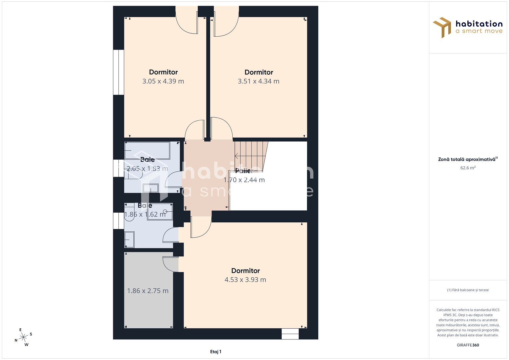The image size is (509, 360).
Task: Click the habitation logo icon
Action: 442,27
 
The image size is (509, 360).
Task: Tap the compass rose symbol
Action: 23,337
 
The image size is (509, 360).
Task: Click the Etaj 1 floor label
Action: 216,352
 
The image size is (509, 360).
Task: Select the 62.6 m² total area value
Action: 468,168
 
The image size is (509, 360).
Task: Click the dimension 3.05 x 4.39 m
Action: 163,81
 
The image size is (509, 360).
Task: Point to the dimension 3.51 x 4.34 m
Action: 258,81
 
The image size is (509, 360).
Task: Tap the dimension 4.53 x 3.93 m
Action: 245,280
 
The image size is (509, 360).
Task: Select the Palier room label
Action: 244,171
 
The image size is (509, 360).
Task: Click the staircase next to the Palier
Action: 251,156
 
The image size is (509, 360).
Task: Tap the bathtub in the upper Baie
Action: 147,151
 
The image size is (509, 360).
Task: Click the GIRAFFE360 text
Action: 468,345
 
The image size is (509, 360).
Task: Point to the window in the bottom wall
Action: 290,334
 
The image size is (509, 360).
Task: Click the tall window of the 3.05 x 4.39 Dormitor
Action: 118,72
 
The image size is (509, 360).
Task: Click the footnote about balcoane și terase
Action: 468,290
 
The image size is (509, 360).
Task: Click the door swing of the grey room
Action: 169,264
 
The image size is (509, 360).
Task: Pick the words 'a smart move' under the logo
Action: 479,31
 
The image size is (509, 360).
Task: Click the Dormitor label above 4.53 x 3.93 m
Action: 245,271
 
